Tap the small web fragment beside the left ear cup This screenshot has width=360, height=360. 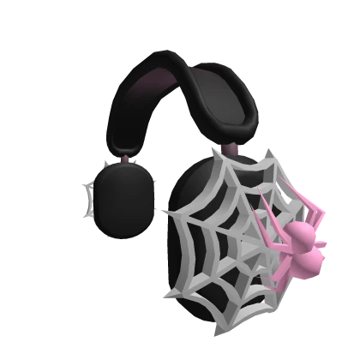pos(88,195)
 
